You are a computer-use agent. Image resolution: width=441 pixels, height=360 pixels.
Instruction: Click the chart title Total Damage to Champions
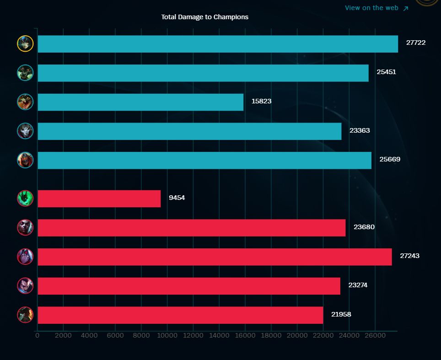click(204, 17)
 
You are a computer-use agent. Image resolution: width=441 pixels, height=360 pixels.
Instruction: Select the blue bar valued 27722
click(217, 44)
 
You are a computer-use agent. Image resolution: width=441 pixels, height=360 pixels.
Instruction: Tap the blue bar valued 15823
click(140, 102)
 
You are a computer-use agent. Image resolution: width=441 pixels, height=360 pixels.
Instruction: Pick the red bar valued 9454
click(99, 199)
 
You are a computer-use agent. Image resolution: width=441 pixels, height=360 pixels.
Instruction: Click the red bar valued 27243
click(215, 257)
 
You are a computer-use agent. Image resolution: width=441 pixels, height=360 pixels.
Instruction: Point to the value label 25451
click(386, 72)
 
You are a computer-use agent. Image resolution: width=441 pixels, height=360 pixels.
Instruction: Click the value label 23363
click(360, 130)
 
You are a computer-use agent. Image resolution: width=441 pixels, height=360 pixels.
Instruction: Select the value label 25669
click(390, 159)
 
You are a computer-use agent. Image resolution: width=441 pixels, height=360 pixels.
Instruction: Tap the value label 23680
click(364, 227)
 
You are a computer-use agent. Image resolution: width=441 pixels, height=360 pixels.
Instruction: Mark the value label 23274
click(358, 285)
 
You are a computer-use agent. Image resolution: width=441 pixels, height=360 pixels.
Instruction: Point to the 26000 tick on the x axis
click(375, 335)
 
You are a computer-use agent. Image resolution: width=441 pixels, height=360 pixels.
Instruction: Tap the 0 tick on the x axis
click(38, 335)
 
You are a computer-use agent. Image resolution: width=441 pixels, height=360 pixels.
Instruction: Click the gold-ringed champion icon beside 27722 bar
click(25, 43)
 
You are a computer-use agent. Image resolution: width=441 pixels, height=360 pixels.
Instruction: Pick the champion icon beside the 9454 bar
click(25, 198)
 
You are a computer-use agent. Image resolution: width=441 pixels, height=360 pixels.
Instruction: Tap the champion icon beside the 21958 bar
click(25, 315)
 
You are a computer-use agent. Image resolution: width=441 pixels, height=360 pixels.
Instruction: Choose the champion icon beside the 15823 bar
click(25, 102)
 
